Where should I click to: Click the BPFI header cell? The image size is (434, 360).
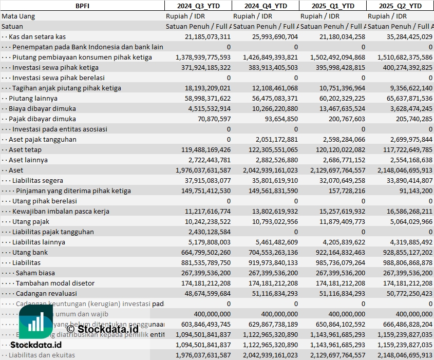[82, 6]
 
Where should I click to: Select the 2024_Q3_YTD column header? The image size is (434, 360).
[198, 6]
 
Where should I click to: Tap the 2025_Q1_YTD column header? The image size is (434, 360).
[333, 6]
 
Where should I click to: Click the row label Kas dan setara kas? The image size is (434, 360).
[37, 36]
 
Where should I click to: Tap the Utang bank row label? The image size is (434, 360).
[30, 252]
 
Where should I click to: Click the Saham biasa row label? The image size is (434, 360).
[35, 273]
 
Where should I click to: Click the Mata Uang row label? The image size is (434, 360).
[18, 16]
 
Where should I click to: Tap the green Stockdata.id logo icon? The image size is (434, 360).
[35, 324]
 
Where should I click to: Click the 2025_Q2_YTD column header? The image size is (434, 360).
[400, 6]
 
